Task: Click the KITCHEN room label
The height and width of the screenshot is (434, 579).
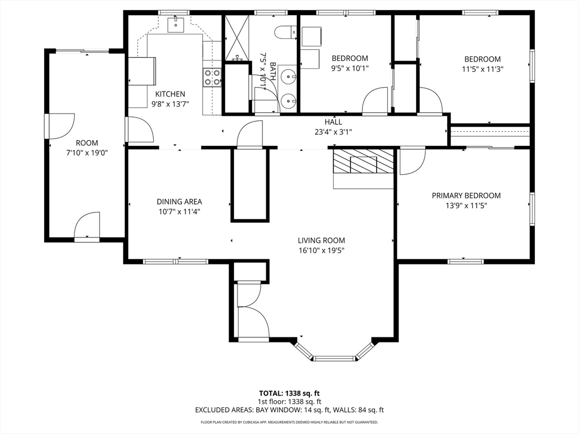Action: [170, 94]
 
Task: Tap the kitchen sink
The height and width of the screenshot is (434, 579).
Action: [175, 24]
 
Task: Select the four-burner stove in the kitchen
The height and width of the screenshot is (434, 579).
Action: [212, 77]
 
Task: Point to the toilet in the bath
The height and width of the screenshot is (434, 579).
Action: [286, 32]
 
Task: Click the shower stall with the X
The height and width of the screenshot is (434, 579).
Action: [236, 38]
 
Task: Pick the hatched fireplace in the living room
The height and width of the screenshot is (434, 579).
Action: [364, 161]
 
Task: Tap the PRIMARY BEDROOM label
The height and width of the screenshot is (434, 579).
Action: [466, 196]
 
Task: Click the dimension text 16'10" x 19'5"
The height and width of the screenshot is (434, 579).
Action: [322, 250]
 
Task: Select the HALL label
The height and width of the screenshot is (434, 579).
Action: [333, 122]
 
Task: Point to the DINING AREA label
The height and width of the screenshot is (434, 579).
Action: [179, 202]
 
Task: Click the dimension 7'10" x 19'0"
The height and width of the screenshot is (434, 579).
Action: [87, 153]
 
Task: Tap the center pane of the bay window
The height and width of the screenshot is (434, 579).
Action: [334, 358]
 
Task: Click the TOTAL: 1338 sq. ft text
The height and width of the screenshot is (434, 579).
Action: [289, 393]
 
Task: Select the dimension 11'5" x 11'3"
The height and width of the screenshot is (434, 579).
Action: [482, 69]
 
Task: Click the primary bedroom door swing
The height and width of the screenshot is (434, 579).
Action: [412, 161]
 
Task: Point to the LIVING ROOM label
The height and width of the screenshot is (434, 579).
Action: [321, 241]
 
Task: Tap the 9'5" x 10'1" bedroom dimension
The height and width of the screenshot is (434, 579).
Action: [349, 68]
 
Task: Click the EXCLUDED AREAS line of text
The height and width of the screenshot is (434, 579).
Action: [289, 410]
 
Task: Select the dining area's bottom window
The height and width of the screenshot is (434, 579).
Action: [176, 262]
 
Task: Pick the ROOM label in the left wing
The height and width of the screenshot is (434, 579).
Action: [87, 143]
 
